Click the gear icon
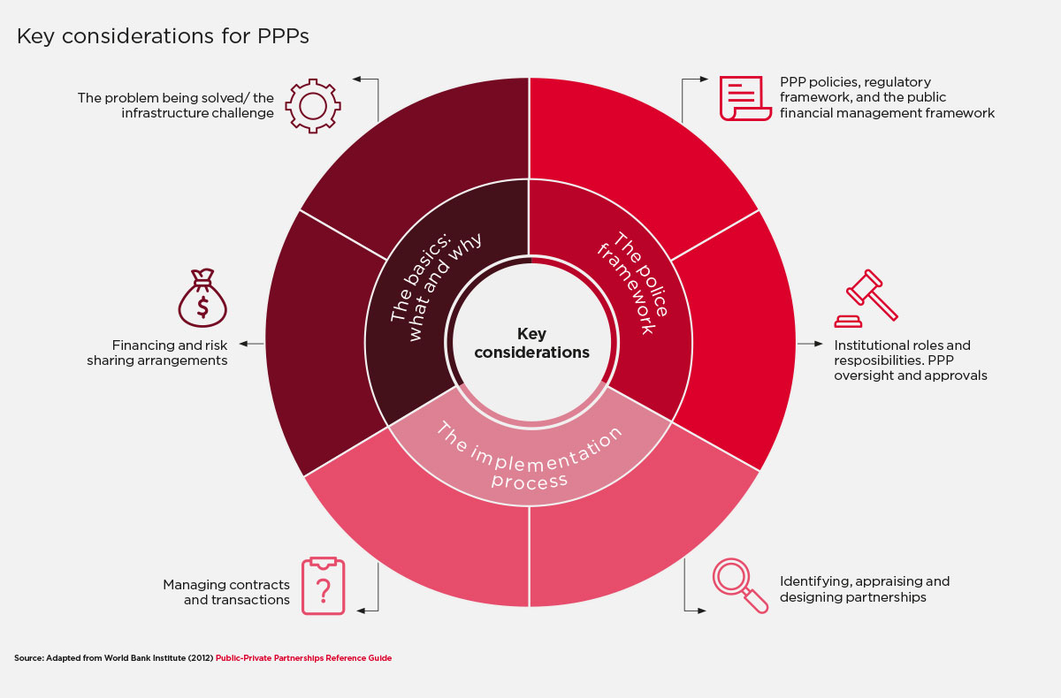click(313, 106)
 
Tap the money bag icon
click(202, 298)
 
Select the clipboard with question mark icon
click(323, 586)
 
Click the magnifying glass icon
click(740, 586)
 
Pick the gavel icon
click(866, 298)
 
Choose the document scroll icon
click(745, 98)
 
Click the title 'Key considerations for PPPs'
click(163, 36)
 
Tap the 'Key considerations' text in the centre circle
click(531, 343)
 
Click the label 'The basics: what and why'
click(436, 285)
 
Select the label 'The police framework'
click(632, 283)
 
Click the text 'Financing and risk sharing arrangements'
click(156, 353)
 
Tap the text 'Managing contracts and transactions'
click(226, 592)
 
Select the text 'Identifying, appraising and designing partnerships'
click(865, 588)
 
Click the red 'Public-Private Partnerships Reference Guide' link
click(303, 657)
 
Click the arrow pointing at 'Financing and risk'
click(251, 344)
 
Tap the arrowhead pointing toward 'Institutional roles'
click(819, 344)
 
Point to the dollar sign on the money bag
click(202, 307)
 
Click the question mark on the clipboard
click(323, 591)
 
